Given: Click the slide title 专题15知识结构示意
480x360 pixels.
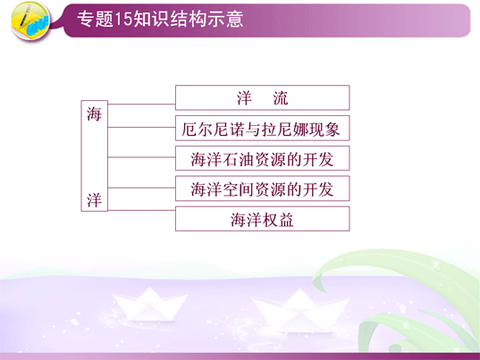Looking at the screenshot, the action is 160,19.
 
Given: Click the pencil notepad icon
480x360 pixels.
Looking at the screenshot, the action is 30,21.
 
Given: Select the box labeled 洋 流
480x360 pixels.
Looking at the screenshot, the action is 263,98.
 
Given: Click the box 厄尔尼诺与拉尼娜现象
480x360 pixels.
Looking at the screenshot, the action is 263,128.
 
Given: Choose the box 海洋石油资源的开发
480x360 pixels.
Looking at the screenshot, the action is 263,158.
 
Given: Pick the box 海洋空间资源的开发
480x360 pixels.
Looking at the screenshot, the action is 263,188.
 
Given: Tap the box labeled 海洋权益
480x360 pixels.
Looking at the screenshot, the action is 263,219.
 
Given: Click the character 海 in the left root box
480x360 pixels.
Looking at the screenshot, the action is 94,114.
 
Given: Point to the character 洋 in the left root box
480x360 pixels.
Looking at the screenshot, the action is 94,200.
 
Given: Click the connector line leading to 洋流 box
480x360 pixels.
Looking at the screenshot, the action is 141,105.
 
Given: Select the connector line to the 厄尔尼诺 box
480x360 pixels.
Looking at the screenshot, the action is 141,127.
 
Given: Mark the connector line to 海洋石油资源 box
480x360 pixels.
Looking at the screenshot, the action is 141,157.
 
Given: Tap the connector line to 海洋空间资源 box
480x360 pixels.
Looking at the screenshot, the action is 141,188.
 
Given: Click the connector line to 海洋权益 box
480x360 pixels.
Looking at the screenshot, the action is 141,211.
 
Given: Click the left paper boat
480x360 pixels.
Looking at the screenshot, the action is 149,305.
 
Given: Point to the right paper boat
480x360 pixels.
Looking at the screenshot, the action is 300,311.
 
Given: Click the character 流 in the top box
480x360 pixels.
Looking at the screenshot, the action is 281,98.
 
